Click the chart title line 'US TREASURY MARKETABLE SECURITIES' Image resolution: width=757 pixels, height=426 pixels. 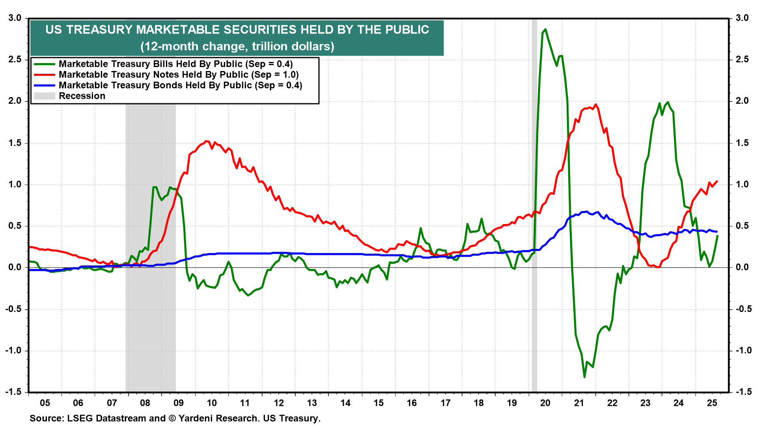click(237, 30)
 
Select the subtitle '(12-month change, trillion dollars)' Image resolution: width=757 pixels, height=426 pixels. click(237, 47)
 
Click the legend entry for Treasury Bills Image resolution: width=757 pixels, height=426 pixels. click(175, 64)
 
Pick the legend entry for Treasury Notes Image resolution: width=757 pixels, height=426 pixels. click(179, 75)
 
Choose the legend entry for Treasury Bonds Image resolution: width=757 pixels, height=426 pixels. click(180, 85)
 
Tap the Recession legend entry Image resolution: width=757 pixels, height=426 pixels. click(82, 96)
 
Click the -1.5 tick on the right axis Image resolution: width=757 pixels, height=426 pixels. click(742, 392)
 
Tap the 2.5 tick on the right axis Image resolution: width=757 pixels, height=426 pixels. click(742, 60)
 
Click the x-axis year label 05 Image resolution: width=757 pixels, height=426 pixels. click(45, 403)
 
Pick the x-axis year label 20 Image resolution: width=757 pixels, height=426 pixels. click(545, 403)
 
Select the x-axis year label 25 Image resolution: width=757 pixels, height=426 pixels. click(712, 403)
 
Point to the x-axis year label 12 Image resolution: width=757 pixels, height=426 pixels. click(279, 403)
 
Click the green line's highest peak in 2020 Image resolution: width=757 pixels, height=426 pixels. click(545, 29)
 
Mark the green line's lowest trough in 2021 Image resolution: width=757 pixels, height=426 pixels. click(584, 377)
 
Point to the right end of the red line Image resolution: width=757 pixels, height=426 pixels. click(717, 181)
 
